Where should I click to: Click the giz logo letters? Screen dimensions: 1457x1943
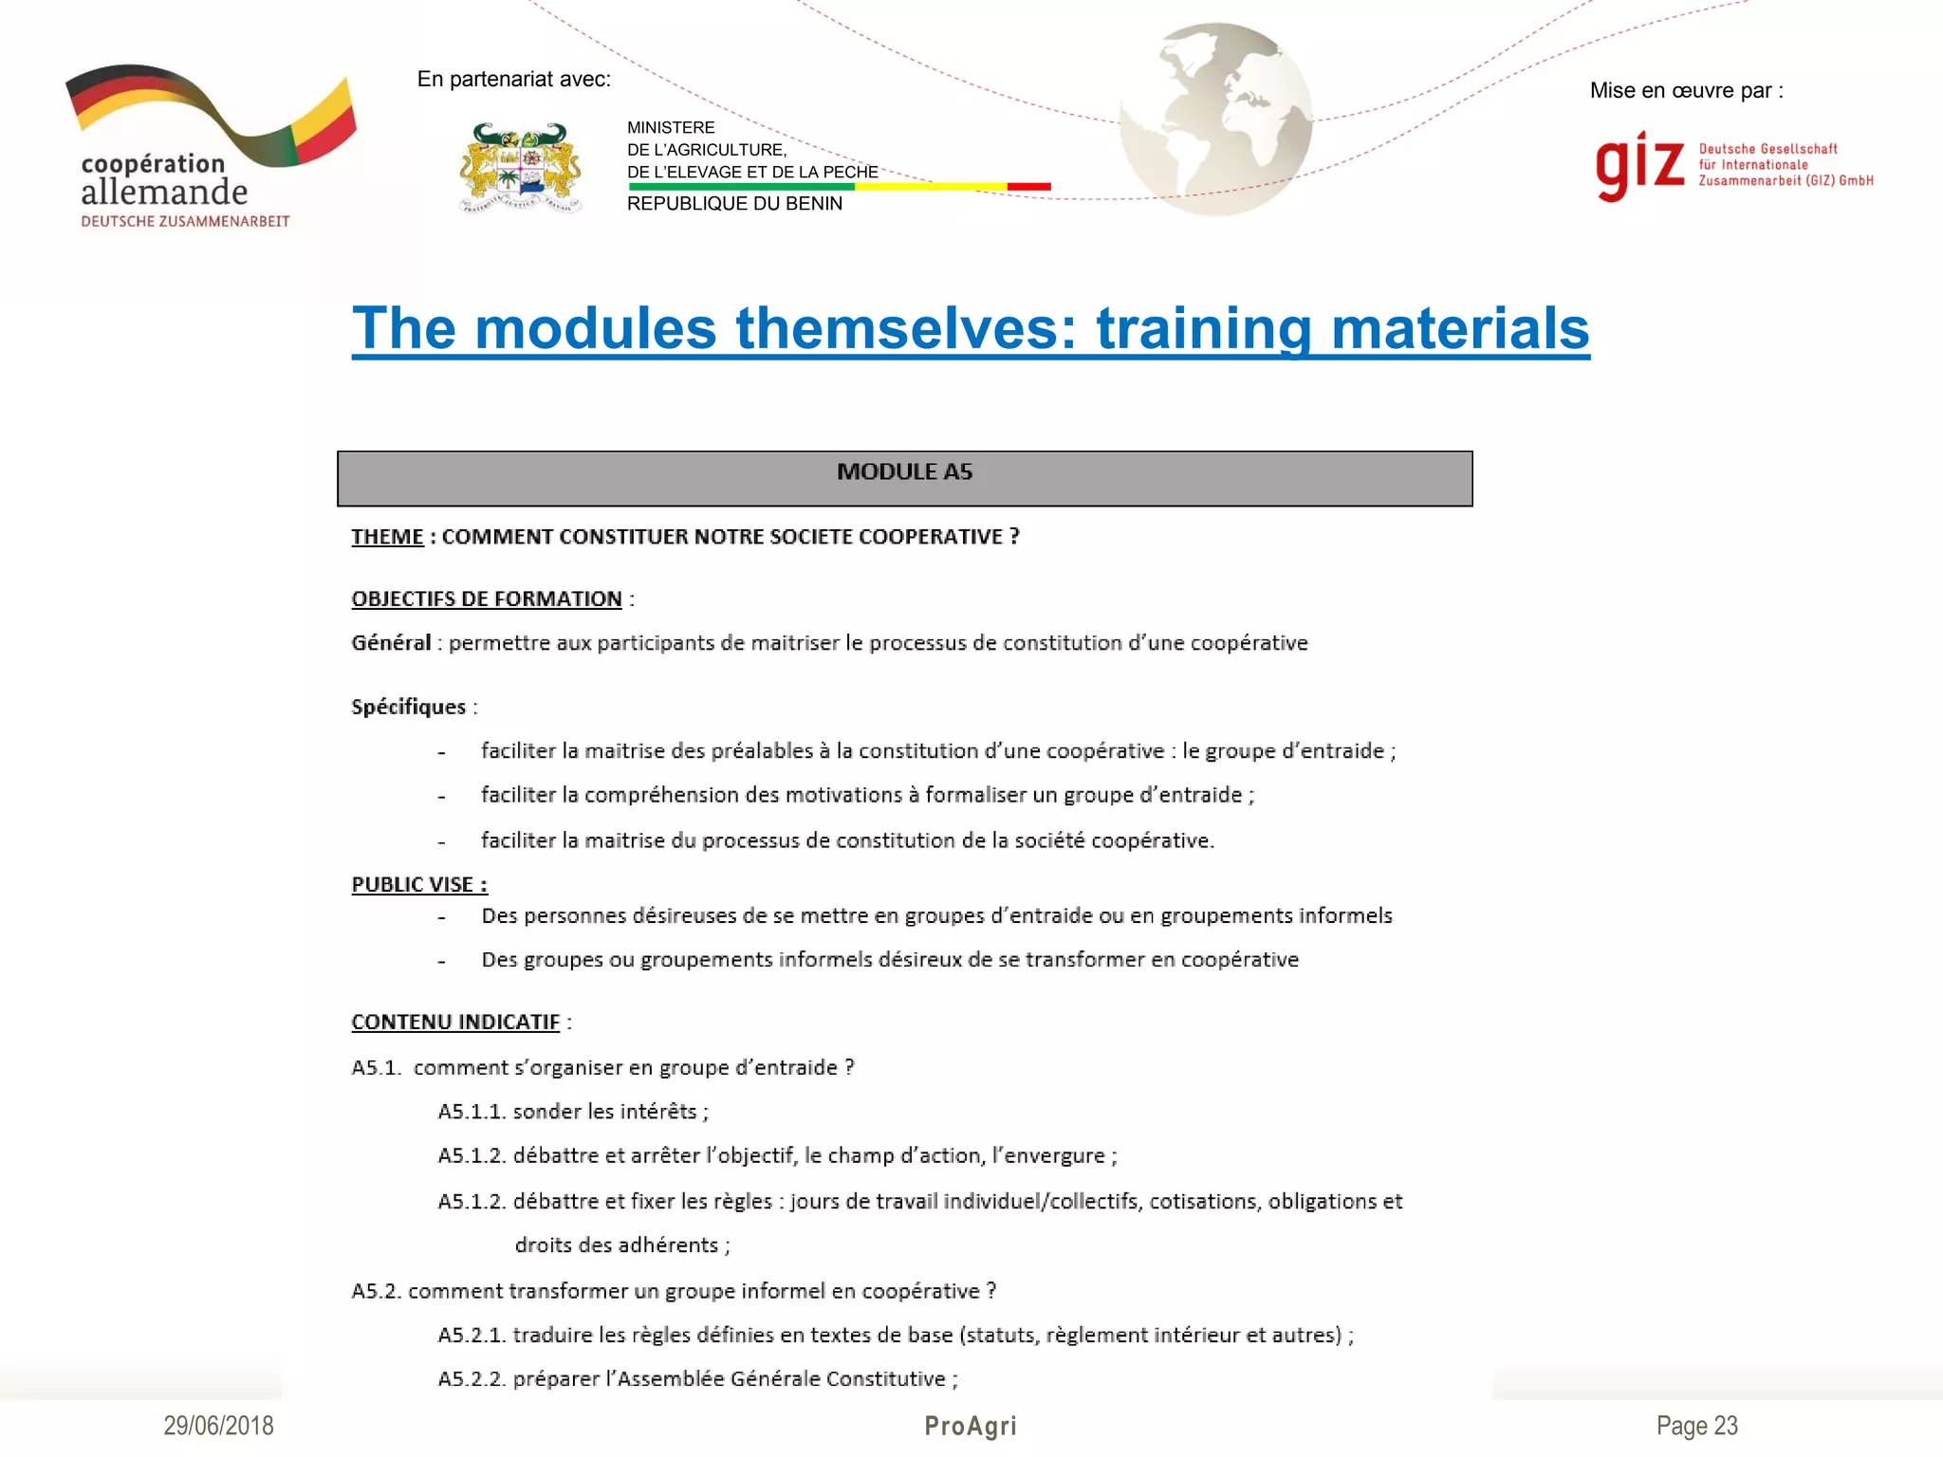[x=1639, y=166]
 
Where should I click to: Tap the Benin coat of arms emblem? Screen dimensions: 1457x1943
[x=520, y=168]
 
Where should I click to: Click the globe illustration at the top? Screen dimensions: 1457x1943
[x=1216, y=120]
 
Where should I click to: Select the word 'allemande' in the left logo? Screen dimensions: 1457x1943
[x=164, y=192]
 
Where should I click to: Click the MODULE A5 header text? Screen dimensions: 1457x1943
[x=904, y=472]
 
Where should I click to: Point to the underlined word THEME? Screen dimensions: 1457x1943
[x=387, y=537]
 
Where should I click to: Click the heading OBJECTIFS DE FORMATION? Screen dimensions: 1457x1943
[x=487, y=599]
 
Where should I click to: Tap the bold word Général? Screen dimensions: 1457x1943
[x=391, y=643]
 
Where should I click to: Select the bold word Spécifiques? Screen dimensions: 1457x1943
[x=408, y=707]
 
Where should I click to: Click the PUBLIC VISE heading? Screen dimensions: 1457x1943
[x=418, y=885]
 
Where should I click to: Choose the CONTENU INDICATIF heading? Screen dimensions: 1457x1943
[x=455, y=1023]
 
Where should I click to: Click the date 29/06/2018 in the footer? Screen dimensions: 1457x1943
[x=218, y=1426]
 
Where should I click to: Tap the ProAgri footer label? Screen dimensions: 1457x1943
[x=971, y=1426]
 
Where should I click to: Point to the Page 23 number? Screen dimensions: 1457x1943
[x=1696, y=1426]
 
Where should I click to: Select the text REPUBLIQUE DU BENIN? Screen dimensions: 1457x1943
[x=734, y=204]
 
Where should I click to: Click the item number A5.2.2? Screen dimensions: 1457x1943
[x=472, y=1379]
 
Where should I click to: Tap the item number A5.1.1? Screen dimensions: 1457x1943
[x=472, y=1112]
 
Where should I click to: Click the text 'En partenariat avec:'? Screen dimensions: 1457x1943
[x=514, y=80]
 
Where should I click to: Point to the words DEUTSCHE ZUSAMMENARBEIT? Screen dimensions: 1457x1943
[x=185, y=222]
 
